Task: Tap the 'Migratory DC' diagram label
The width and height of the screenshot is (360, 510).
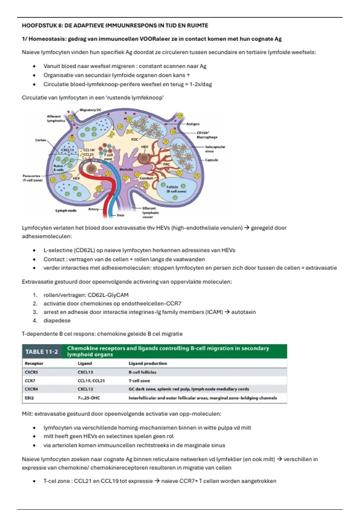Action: tap(90, 110)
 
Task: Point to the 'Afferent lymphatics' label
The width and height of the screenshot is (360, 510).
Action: tap(56, 118)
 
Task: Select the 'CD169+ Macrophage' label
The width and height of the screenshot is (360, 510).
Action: tap(207, 135)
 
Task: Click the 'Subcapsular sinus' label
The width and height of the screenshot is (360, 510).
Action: tap(215, 149)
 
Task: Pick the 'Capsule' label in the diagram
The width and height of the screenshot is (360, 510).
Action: tap(211, 160)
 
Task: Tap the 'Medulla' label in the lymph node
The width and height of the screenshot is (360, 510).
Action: tap(126, 169)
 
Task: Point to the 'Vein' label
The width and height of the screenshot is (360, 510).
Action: tap(120, 215)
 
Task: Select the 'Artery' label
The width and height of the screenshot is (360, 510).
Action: tap(93, 209)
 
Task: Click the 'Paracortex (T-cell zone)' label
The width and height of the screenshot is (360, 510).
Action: tap(33, 178)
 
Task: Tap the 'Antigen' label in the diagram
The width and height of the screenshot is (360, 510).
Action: tap(193, 124)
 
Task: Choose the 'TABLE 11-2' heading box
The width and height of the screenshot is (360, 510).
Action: tap(42, 352)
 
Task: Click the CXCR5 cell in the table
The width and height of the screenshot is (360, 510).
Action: tap(31, 372)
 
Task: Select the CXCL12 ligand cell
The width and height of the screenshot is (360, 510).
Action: tap(85, 389)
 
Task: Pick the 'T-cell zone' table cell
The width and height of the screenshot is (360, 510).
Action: tap(139, 381)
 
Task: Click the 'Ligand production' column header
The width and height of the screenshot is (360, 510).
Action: tap(148, 363)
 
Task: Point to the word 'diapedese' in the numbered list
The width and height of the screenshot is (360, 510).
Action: tap(57, 320)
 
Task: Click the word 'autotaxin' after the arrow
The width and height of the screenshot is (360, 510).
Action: tap(243, 312)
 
